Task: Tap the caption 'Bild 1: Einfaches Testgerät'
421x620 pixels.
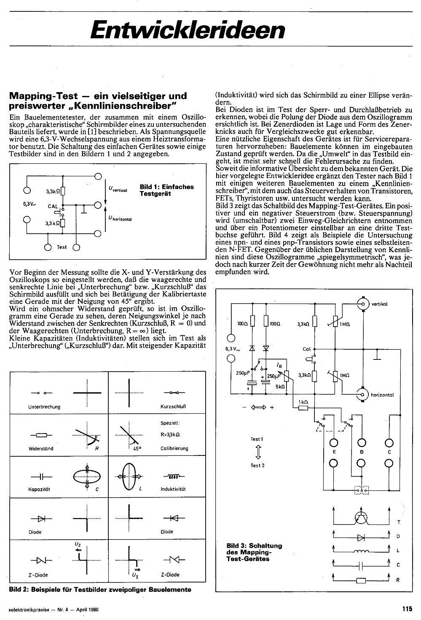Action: point(166,190)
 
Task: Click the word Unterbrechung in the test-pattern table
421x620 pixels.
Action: point(44,407)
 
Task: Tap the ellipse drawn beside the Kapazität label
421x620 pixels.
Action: point(87,476)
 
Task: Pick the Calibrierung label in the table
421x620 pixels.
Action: point(174,448)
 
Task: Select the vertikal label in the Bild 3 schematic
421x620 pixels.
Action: point(380,304)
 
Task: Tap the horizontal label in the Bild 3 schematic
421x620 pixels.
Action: point(382,395)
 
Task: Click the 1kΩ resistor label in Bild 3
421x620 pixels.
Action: point(303,402)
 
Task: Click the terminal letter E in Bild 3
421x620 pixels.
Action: point(334,452)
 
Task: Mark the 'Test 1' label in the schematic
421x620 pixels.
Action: point(257,439)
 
